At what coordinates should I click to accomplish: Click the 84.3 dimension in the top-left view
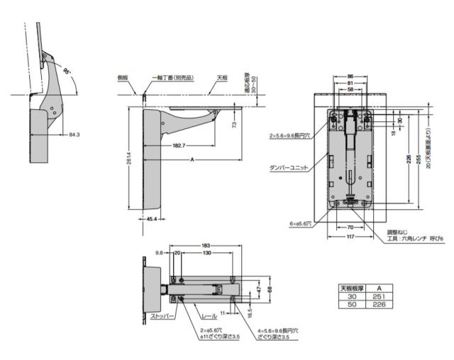[74, 133]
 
